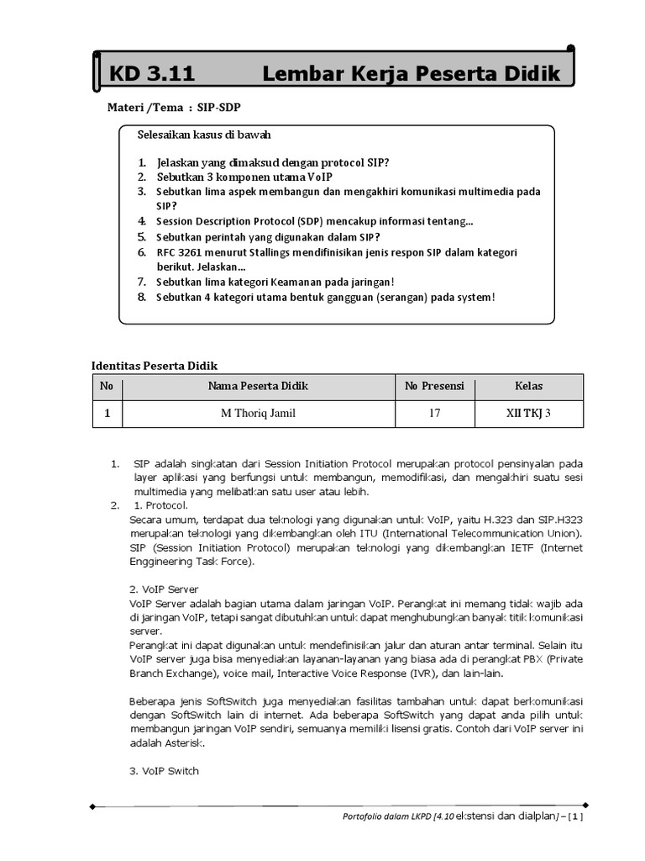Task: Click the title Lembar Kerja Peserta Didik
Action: [411, 74]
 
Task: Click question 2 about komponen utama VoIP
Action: [244, 177]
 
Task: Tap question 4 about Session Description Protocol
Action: [315, 221]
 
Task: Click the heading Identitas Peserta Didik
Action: [155, 366]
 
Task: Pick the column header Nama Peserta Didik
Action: [258, 386]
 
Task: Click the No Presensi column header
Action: [434, 386]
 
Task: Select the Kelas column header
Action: [528, 386]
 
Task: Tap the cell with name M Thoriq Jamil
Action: [258, 414]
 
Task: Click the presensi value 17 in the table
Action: [434, 414]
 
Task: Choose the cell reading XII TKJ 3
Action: [528, 414]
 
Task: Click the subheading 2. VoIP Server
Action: [164, 589]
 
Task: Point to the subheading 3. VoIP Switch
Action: [165, 770]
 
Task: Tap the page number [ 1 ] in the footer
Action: [574, 816]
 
